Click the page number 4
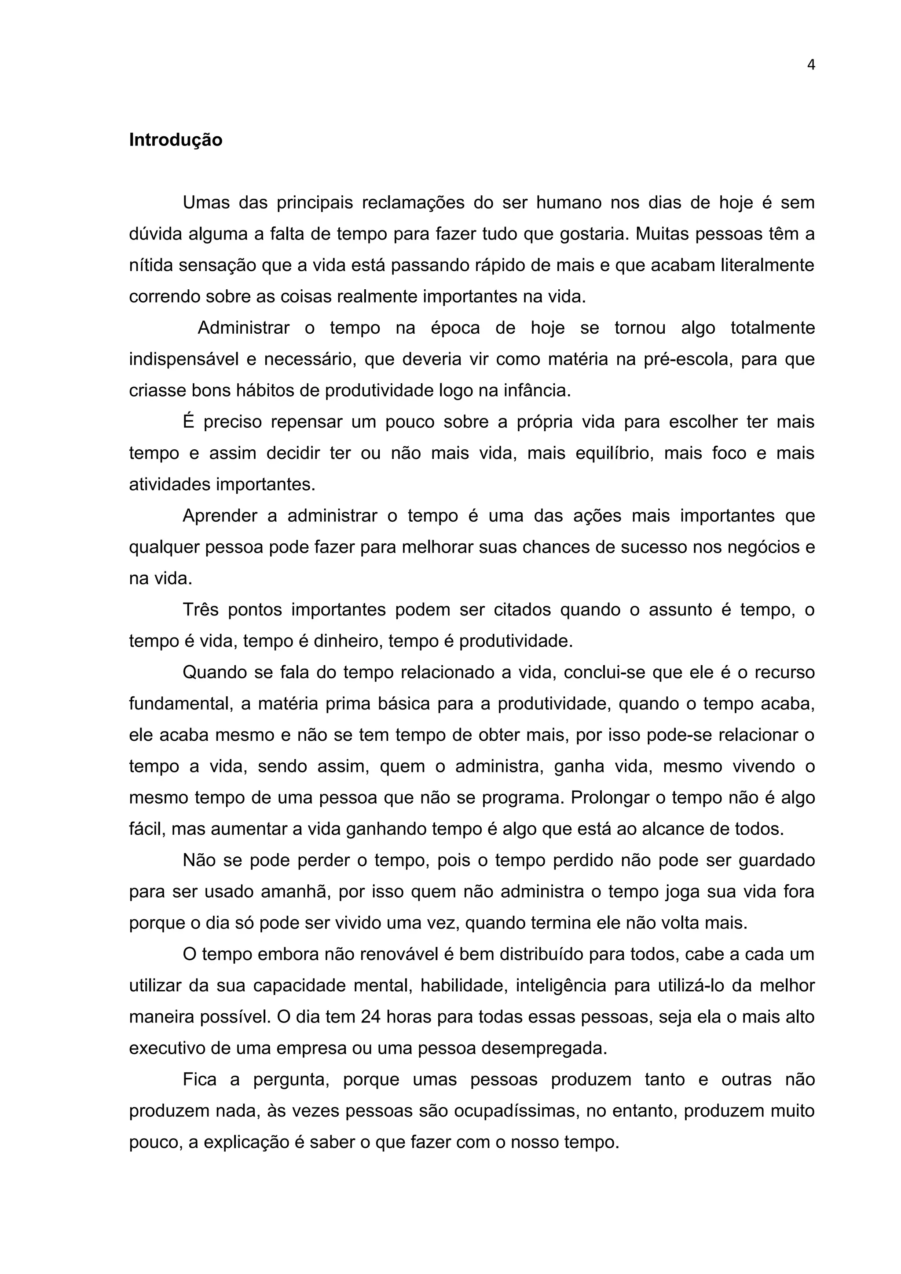[x=810, y=66]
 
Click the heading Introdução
[x=176, y=140]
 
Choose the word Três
[x=201, y=610]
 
